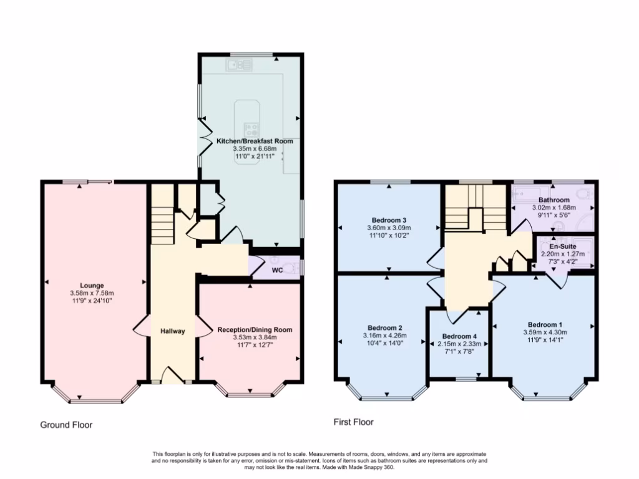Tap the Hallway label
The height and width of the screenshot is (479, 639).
[172, 331]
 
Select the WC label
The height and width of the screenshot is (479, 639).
[278, 271]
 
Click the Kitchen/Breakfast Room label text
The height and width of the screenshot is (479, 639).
[255, 142]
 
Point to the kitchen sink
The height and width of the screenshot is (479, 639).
[239, 64]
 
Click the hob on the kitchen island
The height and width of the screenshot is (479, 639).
[252, 130]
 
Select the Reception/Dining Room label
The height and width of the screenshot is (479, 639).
[254, 330]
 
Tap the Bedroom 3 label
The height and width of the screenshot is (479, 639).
[389, 220]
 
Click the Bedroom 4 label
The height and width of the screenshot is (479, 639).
[459, 336]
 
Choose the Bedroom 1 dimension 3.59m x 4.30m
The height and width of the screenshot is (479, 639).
[545, 332]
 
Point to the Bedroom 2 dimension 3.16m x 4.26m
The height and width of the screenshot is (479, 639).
[384, 336]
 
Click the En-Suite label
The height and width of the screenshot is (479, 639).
[554, 246]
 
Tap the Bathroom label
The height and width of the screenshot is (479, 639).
[554, 200]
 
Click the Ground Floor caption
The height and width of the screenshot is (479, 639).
[66, 425]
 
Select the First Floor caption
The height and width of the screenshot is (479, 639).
[354, 422]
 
